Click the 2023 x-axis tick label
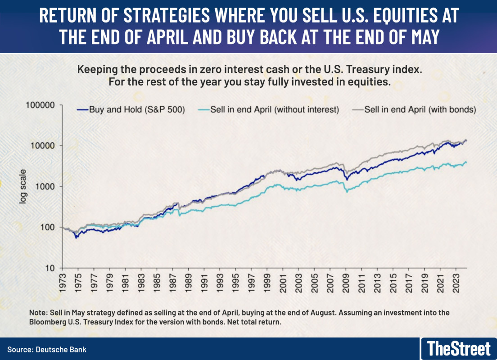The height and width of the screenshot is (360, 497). (x=461, y=282)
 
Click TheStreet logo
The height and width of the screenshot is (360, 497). (x=458, y=349)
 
